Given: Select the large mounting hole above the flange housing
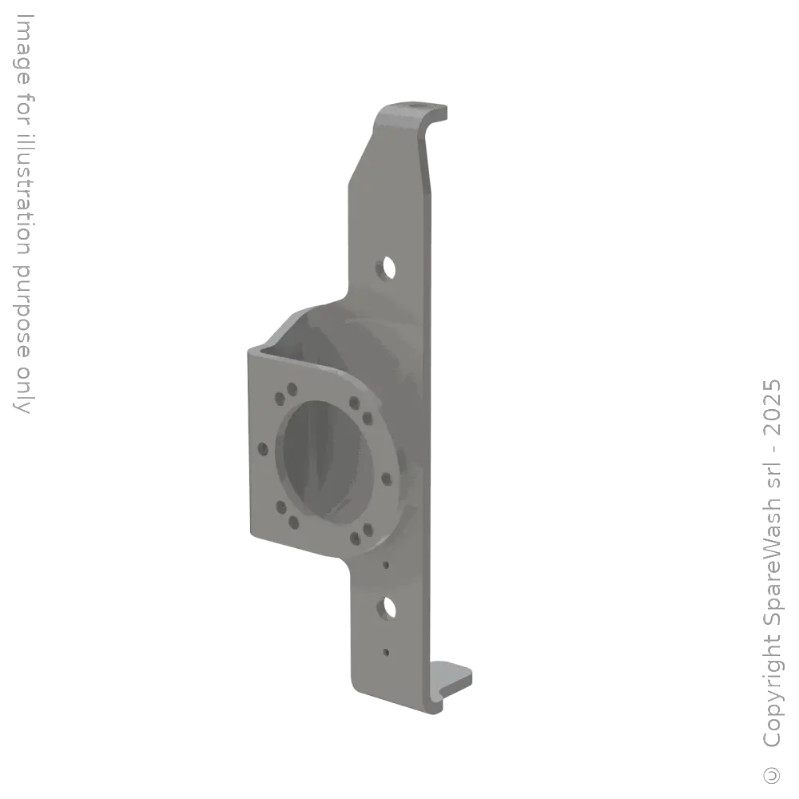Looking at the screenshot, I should (x=388, y=267).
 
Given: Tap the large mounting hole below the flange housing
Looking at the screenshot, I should (x=388, y=608).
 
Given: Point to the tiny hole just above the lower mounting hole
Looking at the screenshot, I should (x=387, y=565).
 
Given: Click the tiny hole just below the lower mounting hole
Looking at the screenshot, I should (x=387, y=652).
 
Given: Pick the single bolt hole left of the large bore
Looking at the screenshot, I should (x=261, y=449).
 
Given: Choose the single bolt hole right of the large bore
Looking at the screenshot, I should (x=387, y=479).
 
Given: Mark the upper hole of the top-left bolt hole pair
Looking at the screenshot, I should (x=292, y=388).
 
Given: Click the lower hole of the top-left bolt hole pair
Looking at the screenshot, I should (x=279, y=397).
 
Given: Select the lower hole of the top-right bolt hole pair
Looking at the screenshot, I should (x=367, y=417).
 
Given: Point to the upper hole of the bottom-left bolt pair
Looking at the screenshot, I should (x=280, y=507).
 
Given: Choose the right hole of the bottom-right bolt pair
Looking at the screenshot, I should (x=367, y=529).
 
